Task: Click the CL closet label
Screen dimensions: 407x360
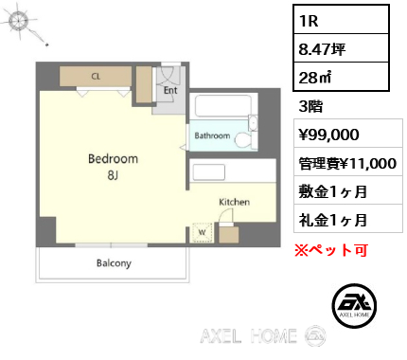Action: point(96,76)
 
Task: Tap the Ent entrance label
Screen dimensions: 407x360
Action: point(170,90)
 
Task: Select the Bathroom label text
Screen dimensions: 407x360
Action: point(212,135)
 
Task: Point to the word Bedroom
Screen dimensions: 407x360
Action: point(113,158)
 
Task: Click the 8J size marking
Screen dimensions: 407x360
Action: point(113,174)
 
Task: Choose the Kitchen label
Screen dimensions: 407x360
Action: point(235,202)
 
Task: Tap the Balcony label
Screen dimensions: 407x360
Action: point(114,263)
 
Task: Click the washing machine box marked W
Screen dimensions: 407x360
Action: point(203,233)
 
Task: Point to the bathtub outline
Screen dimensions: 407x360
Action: point(223,106)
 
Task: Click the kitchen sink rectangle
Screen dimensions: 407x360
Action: point(209,172)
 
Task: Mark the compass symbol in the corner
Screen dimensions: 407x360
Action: point(20,22)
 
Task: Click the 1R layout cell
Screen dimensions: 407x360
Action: point(341,20)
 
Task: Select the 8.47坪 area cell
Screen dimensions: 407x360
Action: point(341,48)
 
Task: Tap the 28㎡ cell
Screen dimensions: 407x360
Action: point(341,77)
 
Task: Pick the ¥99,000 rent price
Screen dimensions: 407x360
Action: point(329,135)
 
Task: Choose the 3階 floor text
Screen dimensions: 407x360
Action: point(310,106)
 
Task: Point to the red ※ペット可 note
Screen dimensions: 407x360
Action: point(331,250)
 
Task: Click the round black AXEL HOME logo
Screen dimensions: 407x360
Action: point(354,306)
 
